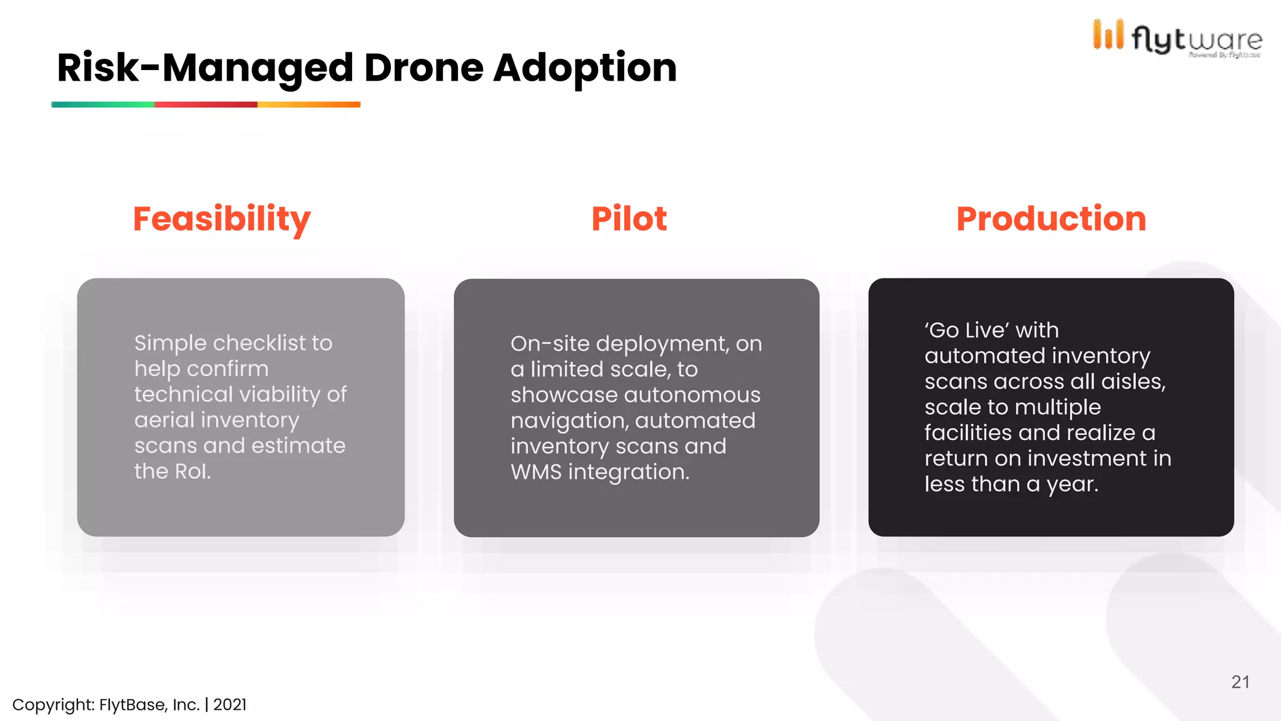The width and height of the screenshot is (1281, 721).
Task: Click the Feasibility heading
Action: (x=221, y=219)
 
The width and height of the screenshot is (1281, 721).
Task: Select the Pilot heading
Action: (x=629, y=219)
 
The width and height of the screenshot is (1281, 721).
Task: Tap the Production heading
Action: (x=1051, y=219)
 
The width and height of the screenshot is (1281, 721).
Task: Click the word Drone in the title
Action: (x=423, y=68)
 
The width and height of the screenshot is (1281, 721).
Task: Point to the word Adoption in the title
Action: (x=585, y=68)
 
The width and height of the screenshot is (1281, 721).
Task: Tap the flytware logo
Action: (x=1177, y=38)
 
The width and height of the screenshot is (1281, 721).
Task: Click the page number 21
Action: (x=1240, y=682)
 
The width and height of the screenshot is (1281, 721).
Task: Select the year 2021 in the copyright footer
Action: (x=230, y=705)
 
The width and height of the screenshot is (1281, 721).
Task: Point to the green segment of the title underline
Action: (x=103, y=105)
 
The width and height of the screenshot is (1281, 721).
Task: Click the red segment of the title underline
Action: (x=205, y=105)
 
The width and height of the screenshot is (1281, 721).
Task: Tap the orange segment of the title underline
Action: (x=309, y=105)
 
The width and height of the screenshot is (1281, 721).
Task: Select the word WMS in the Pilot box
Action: (x=536, y=472)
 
